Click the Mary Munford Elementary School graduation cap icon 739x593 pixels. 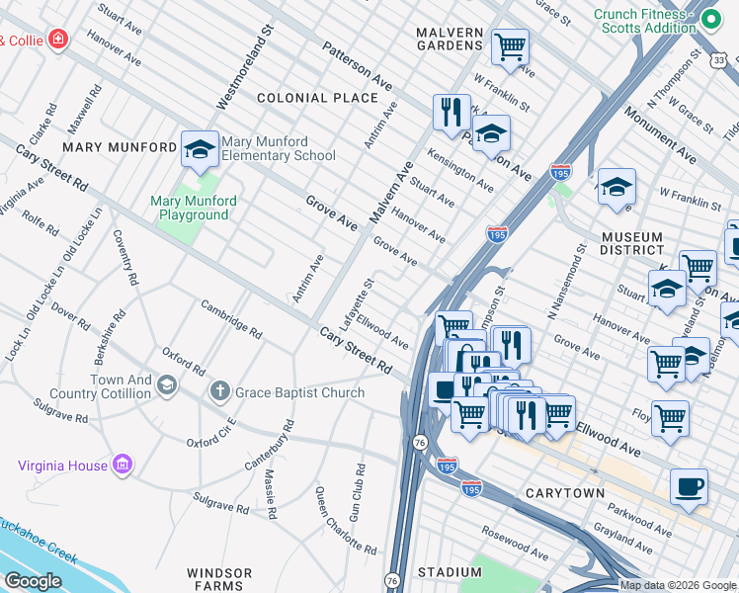(x=200, y=150)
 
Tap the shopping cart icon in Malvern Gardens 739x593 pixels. (x=510, y=45)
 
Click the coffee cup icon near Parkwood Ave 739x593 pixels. (x=689, y=486)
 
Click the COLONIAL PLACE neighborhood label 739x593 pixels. (x=317, y=98)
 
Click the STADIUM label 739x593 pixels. (x=450, y=572)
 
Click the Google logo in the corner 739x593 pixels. (x=33, y=581)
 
